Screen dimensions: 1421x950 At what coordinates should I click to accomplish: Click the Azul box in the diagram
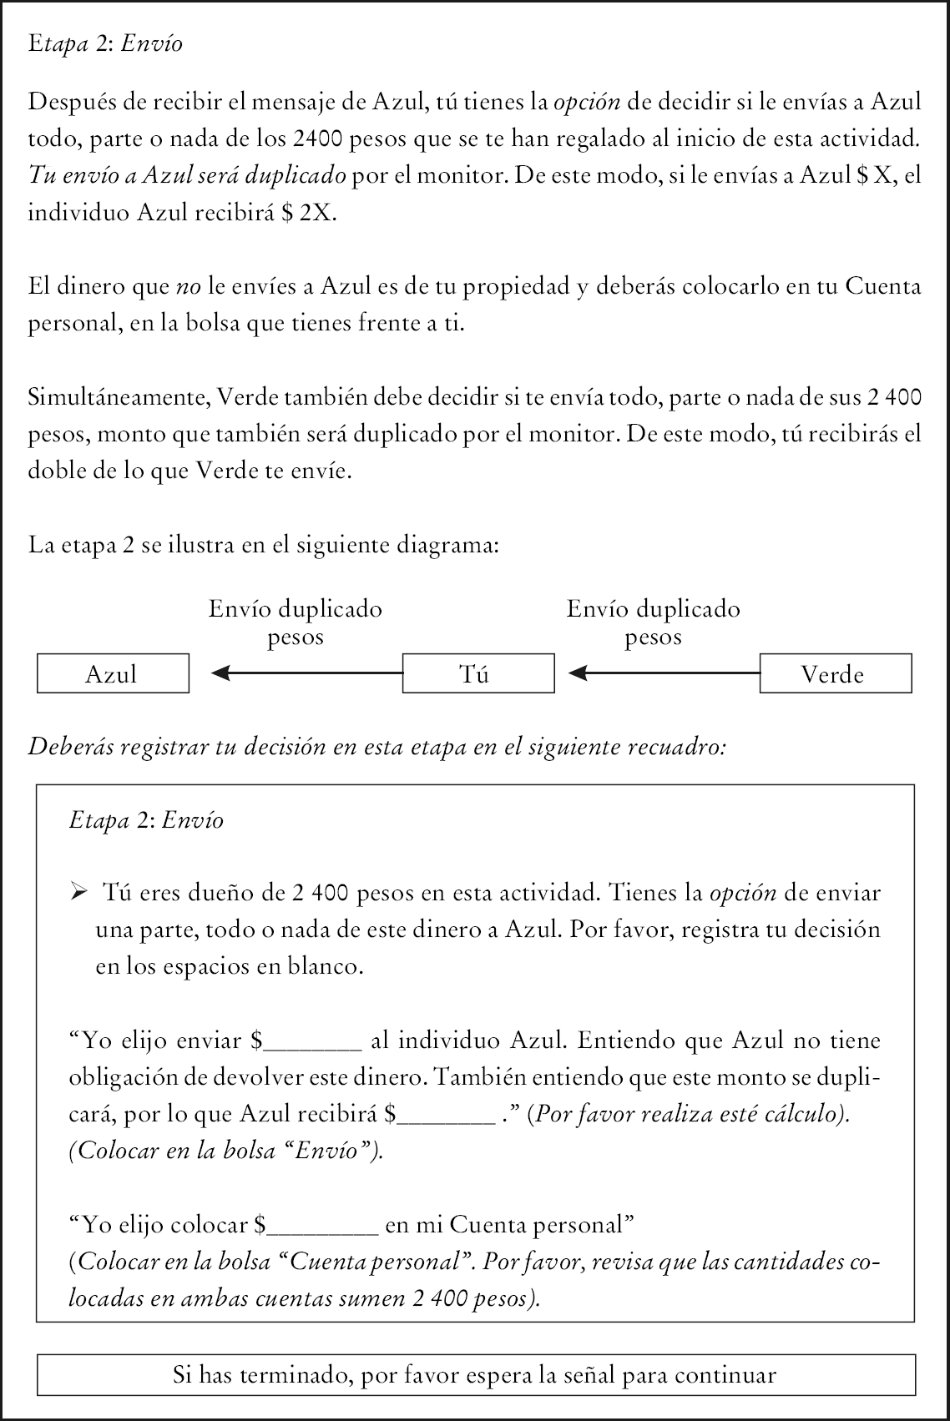point(113,674)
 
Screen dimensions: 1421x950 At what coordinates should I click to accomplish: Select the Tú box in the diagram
point(478,674)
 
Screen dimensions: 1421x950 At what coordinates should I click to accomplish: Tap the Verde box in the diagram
point(835,674)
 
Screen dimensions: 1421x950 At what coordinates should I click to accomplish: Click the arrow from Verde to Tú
point(664,673)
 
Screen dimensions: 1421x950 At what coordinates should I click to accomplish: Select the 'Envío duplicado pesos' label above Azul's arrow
point(296,622)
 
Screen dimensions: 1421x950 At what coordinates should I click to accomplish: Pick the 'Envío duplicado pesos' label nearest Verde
point(654,622)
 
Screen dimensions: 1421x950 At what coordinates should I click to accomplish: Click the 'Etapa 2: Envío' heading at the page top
point(105,43)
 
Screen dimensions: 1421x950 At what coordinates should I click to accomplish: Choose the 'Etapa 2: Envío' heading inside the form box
point(146,820)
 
